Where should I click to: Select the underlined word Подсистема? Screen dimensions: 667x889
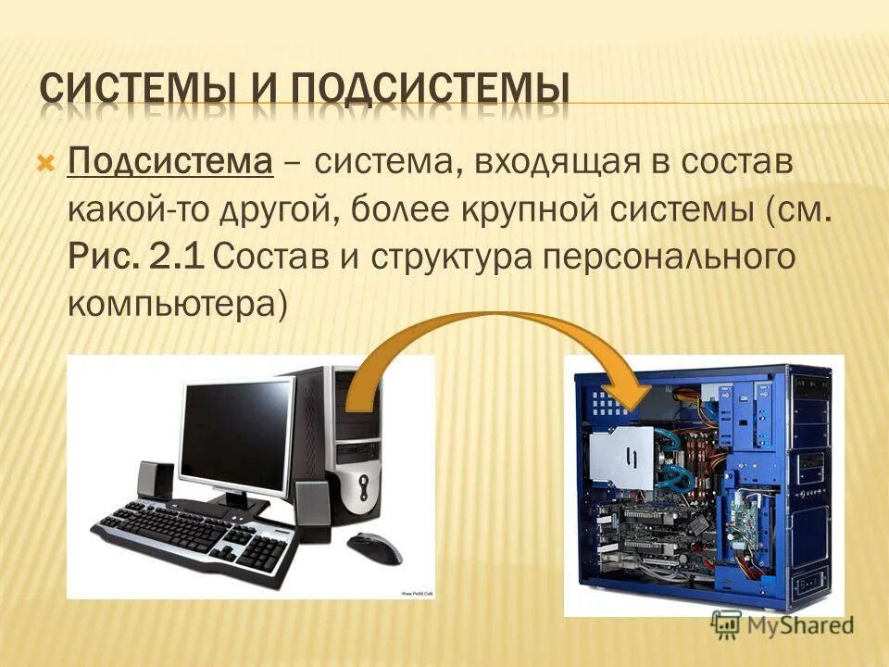pos(170,164)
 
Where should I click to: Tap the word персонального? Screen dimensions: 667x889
pos(669,257)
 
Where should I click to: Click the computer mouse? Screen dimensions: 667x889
pos(374,546)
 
